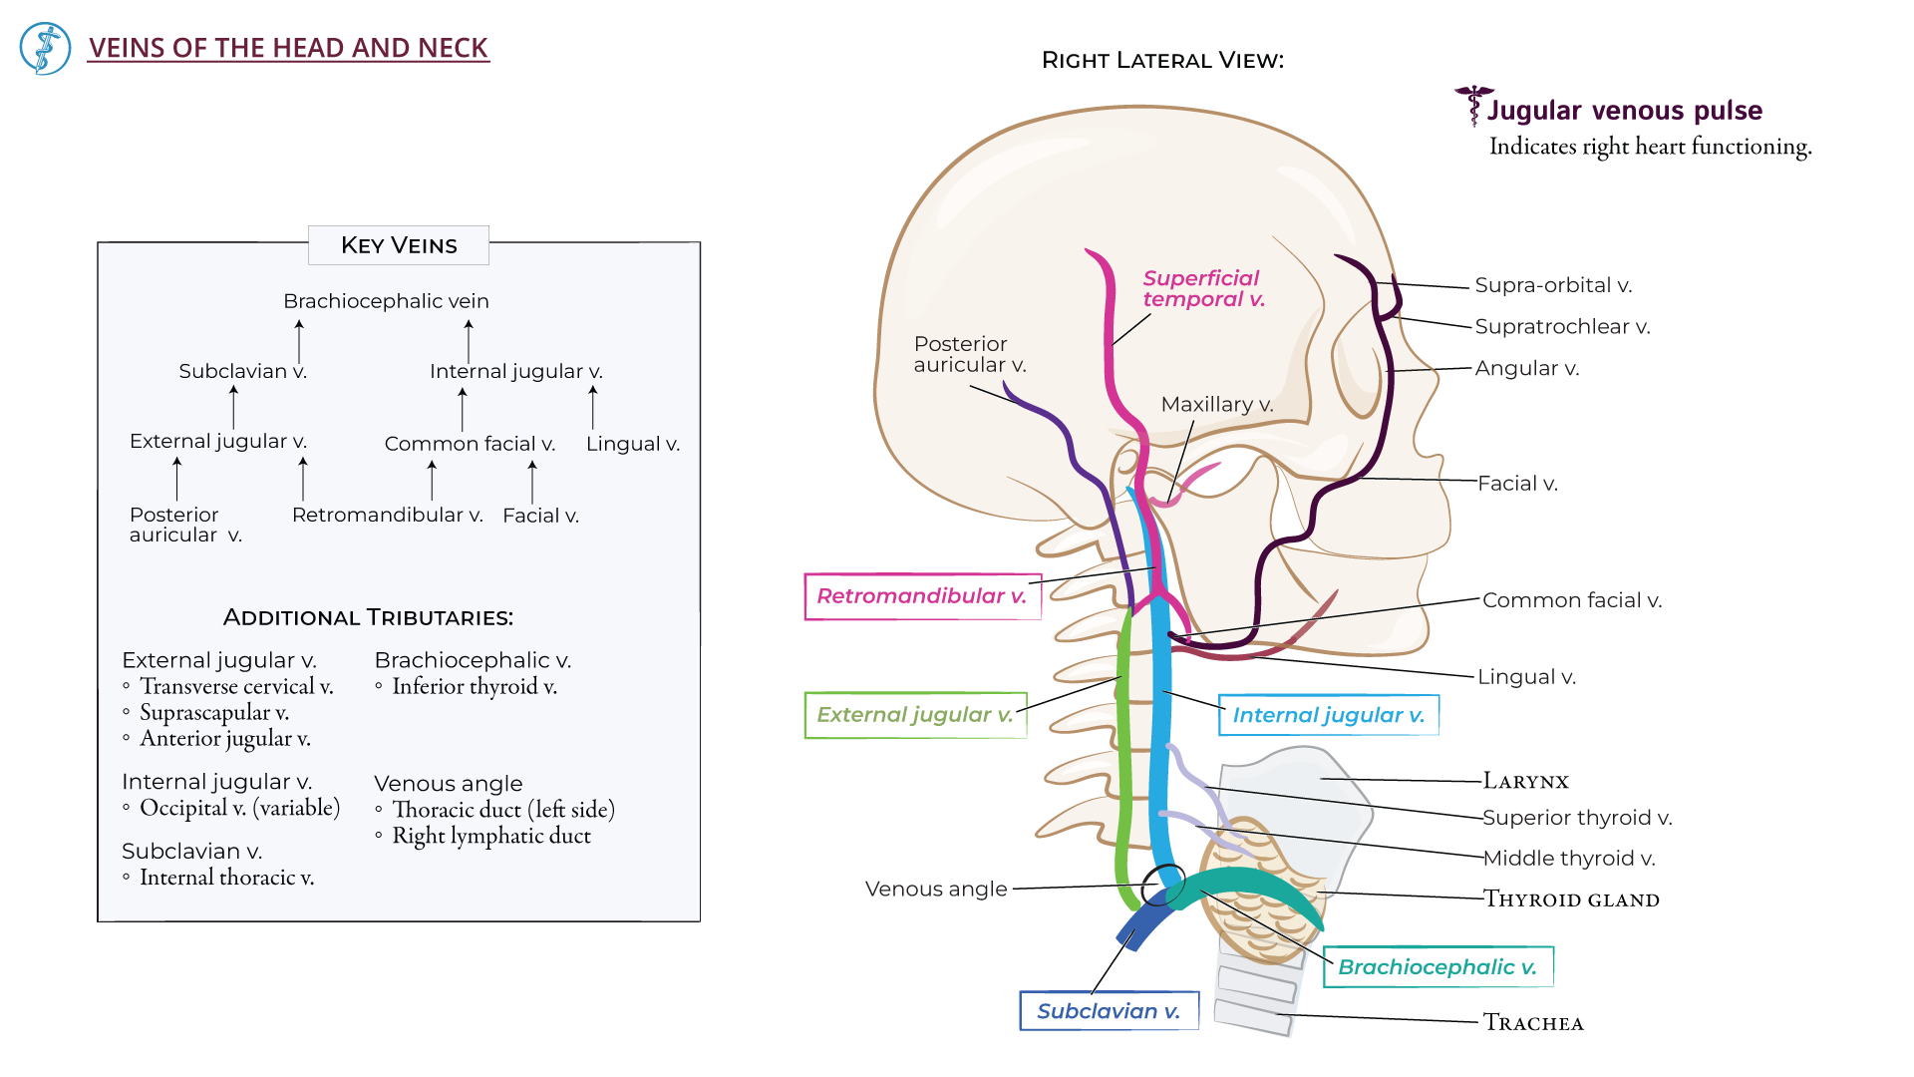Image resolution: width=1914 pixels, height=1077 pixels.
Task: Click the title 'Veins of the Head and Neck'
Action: click(x=288, y=48)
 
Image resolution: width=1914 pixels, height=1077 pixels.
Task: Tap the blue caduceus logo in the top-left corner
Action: click(x=45, y=48)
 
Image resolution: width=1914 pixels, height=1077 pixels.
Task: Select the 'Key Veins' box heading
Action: click(x=399, y=245)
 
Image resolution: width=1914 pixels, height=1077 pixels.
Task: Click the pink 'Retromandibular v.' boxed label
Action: click(x=921, y=596)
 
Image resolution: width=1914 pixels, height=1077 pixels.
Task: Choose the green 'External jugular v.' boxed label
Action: click(x=914, y=715)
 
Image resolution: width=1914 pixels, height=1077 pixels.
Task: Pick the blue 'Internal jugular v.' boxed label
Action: click(x=1328, y=715)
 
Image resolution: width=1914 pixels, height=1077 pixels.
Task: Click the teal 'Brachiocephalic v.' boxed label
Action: click(x=1436, y=967)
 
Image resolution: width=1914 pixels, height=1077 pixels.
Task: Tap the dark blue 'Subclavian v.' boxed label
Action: click(x=1108, y=1011)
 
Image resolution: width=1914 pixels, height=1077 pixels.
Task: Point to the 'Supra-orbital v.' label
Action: click(x=1552, y=285)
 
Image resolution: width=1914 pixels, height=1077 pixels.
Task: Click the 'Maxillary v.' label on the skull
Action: click(x=1216, y=404)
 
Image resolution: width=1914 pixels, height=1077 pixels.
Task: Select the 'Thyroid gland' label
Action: click(x=1571, y=899)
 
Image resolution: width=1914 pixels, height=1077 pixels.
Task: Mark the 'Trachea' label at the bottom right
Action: click(x=1533, y=1023)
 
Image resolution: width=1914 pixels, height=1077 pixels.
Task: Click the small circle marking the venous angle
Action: click(x=1163, y=884)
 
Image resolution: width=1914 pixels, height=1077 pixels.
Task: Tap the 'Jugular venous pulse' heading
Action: click(x=1624, y=111)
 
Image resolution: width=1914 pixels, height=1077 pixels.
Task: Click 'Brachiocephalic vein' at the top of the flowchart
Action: click(x=386, y=301)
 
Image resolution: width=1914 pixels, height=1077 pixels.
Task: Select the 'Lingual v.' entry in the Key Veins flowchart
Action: click(x=632, y=444)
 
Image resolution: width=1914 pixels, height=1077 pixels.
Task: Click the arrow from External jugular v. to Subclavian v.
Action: click(x=233, y=407)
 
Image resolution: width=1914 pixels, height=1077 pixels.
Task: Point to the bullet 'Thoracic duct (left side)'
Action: click(x=502, y=810)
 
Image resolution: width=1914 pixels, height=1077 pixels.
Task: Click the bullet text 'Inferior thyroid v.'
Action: click(x=474, y=686)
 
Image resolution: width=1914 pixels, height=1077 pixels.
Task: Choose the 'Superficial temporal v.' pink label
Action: click(x=1202, y=288)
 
